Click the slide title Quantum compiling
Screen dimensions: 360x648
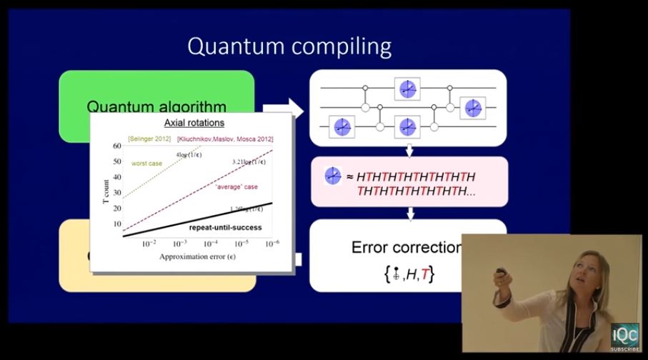(289, 46)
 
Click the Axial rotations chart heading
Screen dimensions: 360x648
(194, 123)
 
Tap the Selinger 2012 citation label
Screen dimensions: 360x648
(149, 139)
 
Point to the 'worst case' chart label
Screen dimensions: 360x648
(146, 164)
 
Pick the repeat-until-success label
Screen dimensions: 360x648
(225, 227)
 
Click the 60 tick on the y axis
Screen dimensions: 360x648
(116, 146)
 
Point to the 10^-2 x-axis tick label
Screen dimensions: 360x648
(149, 244)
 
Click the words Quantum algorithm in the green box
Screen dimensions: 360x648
(156, 107)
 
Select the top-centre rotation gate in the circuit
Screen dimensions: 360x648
(407, 89)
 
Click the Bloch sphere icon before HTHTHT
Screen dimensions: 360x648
(333, 176)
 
